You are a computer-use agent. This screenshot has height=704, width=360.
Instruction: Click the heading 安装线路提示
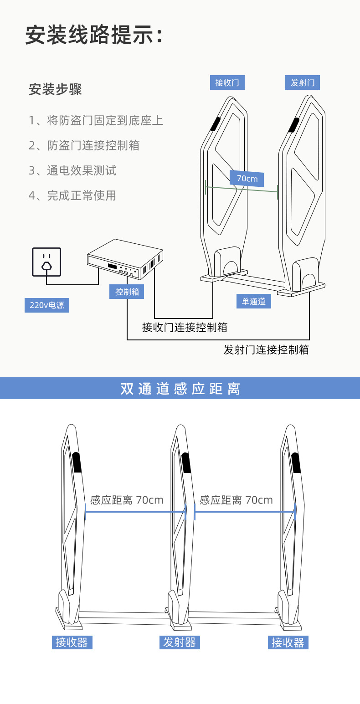[93, 35]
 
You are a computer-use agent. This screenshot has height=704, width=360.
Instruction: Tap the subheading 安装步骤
[55, 89]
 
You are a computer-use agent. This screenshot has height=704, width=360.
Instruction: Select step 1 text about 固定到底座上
[96, 120]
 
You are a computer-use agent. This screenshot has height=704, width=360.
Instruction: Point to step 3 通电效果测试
[72, 170]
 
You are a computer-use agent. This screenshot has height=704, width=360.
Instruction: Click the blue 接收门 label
[227, 82]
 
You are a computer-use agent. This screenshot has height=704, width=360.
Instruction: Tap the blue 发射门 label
[303, 82]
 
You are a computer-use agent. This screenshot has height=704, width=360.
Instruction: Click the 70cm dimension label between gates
[247, 179]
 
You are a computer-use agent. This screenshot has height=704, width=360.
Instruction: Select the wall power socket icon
[46, 262]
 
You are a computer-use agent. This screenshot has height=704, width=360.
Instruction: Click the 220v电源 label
[47, 305]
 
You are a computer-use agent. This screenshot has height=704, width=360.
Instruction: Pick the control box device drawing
[125, 259]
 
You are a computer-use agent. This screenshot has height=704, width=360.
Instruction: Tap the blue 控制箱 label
[127, 292]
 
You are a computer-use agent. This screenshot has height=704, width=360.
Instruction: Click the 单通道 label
[253, 301]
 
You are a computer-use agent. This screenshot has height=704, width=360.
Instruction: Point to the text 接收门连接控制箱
[185, 327]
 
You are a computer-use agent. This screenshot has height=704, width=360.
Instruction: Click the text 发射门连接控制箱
[266, 349]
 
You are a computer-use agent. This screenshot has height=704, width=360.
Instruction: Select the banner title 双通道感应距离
[180, 389]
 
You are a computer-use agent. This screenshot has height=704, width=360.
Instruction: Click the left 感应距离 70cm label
[127, 500]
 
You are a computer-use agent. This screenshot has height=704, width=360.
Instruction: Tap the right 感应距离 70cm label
[236, 500]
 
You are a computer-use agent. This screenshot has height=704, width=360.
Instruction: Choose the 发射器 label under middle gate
[180, 642]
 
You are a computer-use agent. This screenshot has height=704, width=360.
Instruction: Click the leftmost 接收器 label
[72, 642]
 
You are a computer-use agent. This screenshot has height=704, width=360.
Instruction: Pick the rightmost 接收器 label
[288, 642]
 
